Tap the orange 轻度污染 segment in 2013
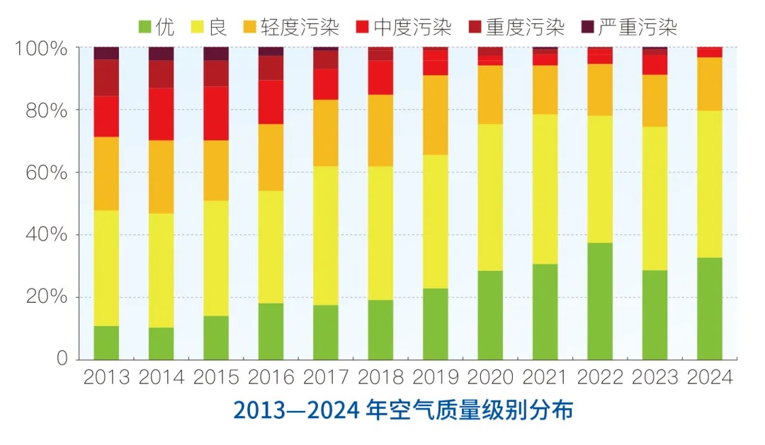coord(106,173)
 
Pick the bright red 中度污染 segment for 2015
coord(216,113)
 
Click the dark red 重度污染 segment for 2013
coord(106,78)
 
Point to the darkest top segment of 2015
coord(216,54)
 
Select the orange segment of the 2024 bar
coord(710,83)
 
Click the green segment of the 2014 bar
coord(161,343)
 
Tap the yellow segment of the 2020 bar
coord(491,197)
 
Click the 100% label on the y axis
coord(41,49)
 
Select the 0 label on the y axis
coord(62,359)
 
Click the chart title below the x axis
coord(403,411)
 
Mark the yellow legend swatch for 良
coord(198,28)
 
